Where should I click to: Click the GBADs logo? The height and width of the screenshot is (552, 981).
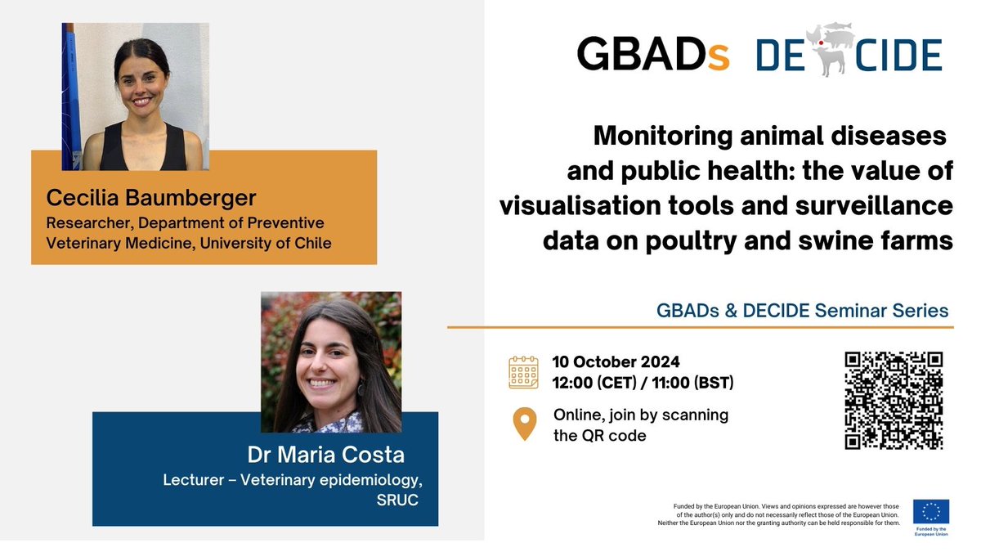point(652,55)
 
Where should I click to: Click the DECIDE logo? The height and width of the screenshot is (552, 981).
point(849,55)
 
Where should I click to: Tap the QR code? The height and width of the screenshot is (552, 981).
point(894,401)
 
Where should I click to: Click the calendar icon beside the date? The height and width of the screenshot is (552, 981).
point(523,371)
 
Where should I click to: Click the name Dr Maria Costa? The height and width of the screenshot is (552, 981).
point(326,455)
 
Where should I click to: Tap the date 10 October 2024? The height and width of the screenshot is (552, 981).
point(616,362)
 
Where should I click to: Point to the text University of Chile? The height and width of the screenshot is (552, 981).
point(276,243)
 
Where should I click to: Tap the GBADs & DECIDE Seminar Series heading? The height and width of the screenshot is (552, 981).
point(802,311)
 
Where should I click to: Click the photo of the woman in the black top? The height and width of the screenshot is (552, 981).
point(136,96)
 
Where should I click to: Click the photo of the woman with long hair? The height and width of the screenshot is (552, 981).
point(331,362)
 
